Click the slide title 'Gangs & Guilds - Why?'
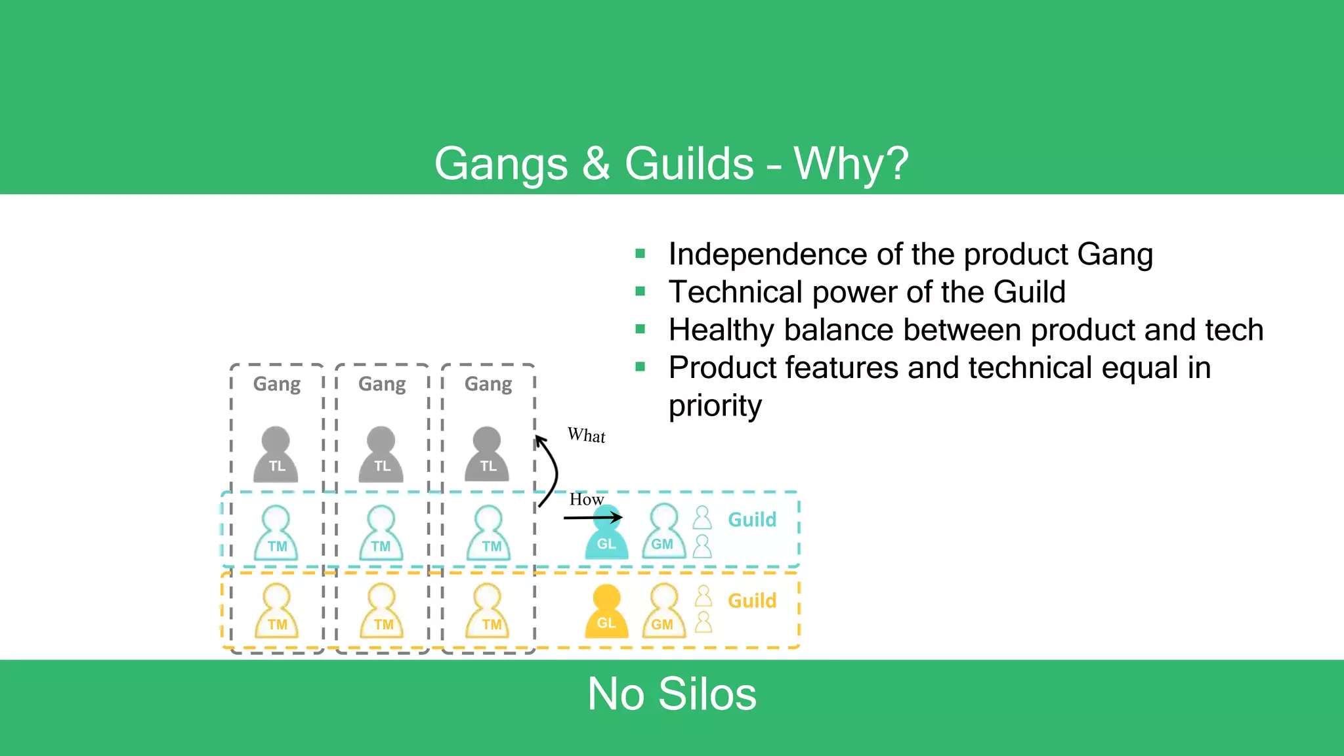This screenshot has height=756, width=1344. [x=671, y=163]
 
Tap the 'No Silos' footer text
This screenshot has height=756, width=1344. [x=671, y=694]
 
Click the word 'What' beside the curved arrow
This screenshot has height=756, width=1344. [x=586, y=436]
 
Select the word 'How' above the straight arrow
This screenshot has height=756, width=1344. [x=586, y=499]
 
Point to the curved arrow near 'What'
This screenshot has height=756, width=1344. [x=550, y=471]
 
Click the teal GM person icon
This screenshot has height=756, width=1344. [x=663, y=532]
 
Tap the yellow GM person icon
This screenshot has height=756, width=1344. [x=663, y=612]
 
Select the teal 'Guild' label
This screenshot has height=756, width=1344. [x=752, y=520]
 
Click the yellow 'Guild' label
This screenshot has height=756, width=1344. [x=752, y=600]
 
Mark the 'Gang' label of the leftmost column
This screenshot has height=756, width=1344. [x=277, y=384]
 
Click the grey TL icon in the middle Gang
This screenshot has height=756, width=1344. [x=381, y=455]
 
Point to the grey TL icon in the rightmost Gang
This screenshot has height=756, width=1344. [x=487, y=455]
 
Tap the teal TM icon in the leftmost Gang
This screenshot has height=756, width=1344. [x=276, y=534]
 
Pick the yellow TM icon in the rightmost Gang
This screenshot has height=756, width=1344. [x=488, y=612]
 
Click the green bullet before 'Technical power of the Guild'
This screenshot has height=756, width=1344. [x=640, y=291]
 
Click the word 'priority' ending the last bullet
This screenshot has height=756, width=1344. [x=715, y=406]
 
